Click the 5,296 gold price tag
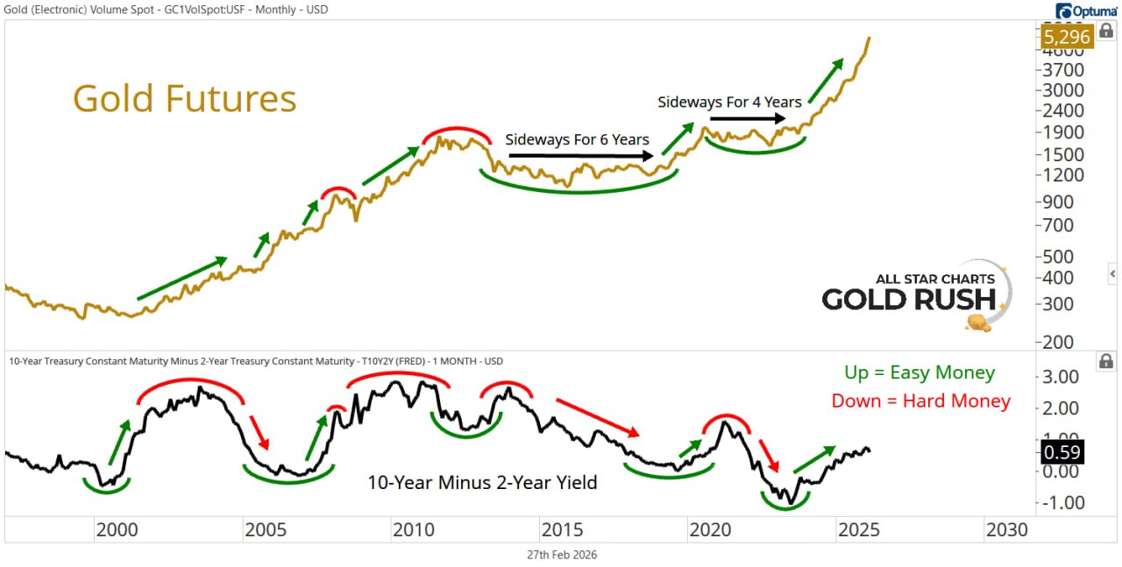[x=1065, y=38]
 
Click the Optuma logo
[x=1087, y=11]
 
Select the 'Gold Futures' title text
[x=184, y=99]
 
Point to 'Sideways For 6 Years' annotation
[x=577, y=139]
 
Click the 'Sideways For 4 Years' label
[x=729, y=102]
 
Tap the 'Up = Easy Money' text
[x=920, y=372]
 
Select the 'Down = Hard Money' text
[x=920, y=401]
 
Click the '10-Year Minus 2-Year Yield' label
[x=482, y=482]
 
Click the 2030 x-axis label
[x=1007, y=530]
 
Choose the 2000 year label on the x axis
[x=117, y=530]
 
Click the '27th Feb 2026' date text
[x=561, y=555]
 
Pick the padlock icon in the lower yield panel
[x=1105, y=361]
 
